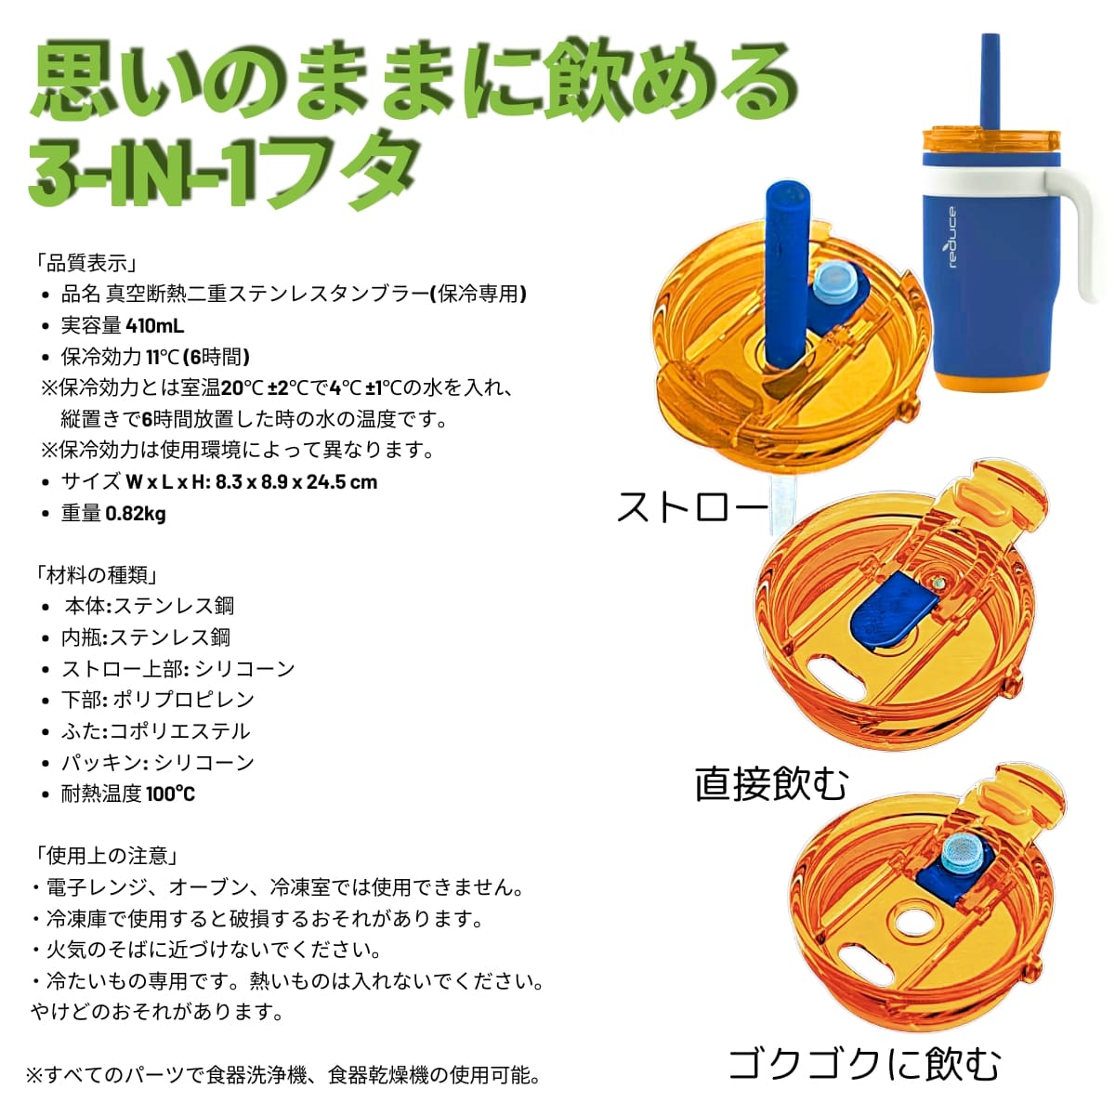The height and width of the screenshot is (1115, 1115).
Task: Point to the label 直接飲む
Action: click(771, 784)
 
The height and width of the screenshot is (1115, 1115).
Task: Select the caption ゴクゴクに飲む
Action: click(864, 1064)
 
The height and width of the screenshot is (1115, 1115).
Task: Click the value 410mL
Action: click(155, 326)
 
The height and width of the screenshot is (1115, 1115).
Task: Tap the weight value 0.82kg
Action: click(136, 513)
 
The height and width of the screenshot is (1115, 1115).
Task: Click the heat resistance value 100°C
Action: click(171, 794)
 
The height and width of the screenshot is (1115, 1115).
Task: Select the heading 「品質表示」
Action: click(86, 263)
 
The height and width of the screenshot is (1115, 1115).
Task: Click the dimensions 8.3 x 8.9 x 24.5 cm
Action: click(296, 482)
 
